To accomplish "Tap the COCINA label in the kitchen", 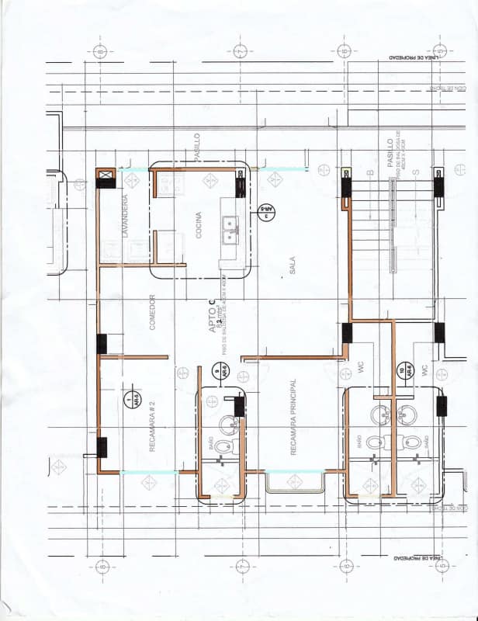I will (x=199, y=225).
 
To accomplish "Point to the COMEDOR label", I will (x=153, y=312).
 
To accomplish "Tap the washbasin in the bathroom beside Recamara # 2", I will (x=228, y=424).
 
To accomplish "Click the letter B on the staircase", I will (x=371, y=172).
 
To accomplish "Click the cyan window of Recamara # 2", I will (x=149, y=472).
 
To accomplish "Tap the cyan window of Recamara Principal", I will (x=295, y=472).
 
